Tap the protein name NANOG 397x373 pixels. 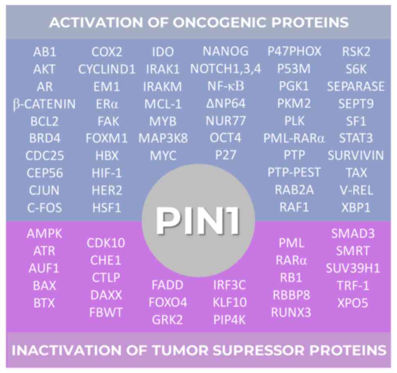225,51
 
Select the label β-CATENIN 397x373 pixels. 44,104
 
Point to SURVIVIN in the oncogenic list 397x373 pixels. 356,155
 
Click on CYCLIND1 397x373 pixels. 107,69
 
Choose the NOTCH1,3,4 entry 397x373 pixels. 225,68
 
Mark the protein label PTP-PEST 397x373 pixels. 294,173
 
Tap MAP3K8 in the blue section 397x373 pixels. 163,138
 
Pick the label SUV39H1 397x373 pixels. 353,268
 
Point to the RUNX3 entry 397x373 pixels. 291,312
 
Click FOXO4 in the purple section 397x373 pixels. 168,302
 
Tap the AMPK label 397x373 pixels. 44,234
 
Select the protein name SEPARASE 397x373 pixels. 356,86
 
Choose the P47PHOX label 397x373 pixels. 294,51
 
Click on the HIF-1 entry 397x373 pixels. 107,173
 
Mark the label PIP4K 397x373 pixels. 229,320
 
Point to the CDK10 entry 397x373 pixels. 106,243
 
